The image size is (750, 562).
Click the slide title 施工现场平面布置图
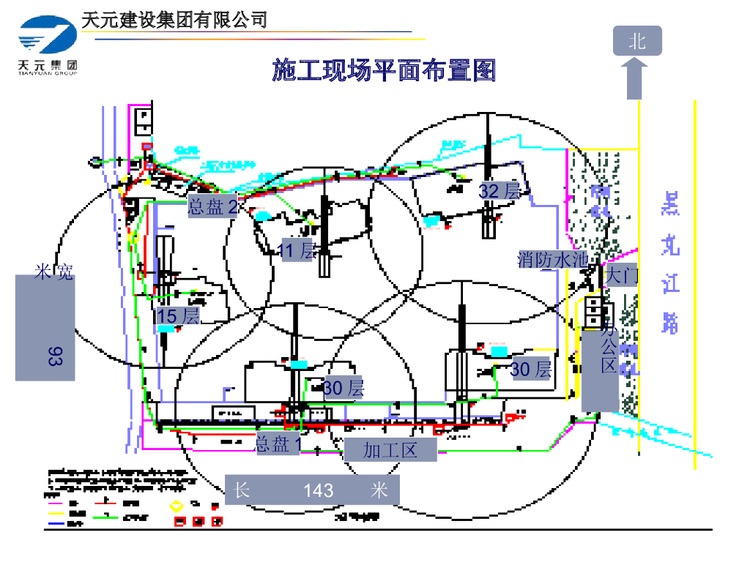click(x=384, y=72)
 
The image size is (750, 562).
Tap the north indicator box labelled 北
click(x=637, y=41)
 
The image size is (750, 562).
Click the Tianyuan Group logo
click(x=48, y=47)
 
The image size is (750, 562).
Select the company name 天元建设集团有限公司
click(x=174, y=20)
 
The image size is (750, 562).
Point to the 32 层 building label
click(x=500, y=192)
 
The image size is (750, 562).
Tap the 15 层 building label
click(x=178, y=316)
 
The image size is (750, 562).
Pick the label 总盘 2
click(x=213, y=206)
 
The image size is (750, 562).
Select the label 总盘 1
click(x=278, y=443)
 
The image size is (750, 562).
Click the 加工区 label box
click(x=390, y=450)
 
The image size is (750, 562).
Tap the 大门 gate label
click(x=623, y=276)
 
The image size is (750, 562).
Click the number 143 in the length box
click(x=319, y=490)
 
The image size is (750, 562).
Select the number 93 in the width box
click(x=55, y=356)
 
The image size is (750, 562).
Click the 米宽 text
click(x=53, y=274)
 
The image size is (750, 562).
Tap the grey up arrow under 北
click(x=637, y=78)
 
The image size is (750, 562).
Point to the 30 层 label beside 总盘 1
click(x=343, y=388)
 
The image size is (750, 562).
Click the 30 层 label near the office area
click(x=530, y=370)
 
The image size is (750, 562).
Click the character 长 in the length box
click(x=242, y=490)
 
